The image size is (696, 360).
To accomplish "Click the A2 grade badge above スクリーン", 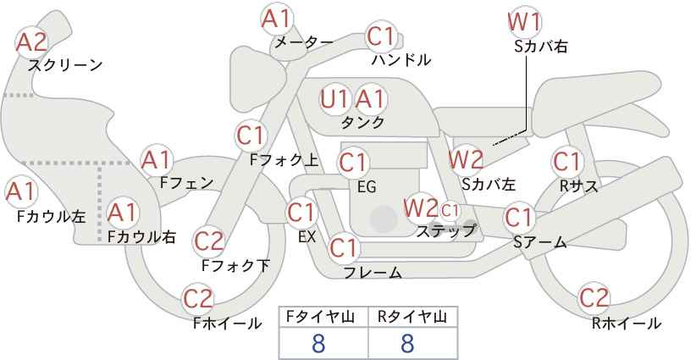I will [x=32, y=42].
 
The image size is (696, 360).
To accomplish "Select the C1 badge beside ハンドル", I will [x=382, y=36].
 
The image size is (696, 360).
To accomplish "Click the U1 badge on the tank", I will [x=335, y=99].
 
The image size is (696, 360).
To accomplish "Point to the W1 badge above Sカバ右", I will [x=524, y=21].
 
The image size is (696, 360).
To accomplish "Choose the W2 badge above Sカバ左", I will [x=466, y=158].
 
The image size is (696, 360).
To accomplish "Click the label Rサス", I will [x=579, y=186].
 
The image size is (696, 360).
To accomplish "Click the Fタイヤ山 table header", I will [x=323, y=317].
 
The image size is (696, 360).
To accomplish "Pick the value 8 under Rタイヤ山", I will [x=406, y=343].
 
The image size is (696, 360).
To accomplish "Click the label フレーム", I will [x=373, y=272].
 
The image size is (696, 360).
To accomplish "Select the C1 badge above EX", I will [x=303, y=212].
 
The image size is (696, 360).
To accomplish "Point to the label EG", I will [x=367, y=186].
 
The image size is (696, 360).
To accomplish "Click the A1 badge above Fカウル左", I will [x=20, y=192].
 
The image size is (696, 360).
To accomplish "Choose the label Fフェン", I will [x=186, y=182].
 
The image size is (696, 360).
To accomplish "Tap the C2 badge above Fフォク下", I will [x=209, y=241].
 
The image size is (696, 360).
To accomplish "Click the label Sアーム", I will [x=539, y=242].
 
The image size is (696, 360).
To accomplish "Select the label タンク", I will [x=362, y=123].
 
